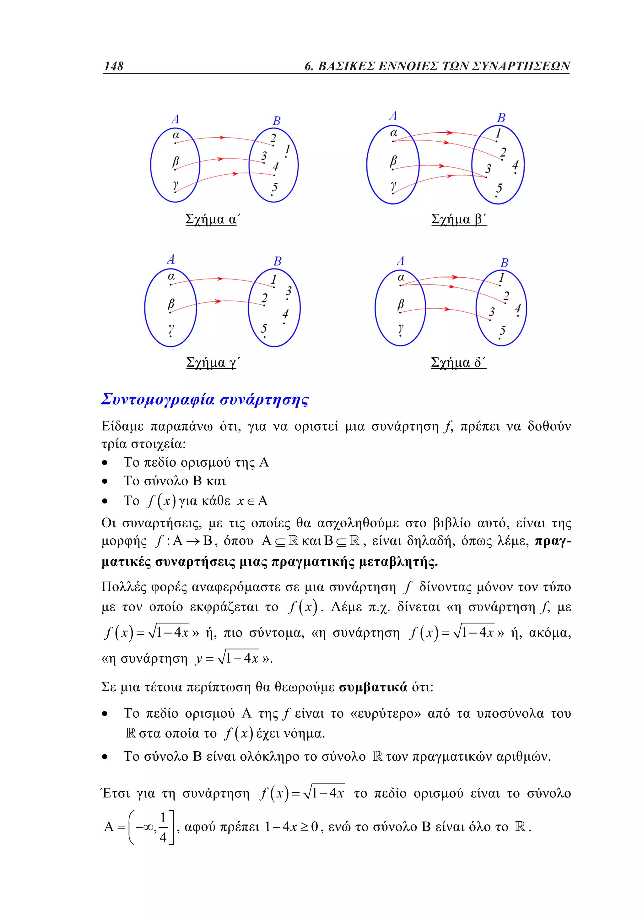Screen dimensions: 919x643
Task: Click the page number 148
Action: coord(114,66)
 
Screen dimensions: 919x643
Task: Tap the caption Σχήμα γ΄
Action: coord(213,363)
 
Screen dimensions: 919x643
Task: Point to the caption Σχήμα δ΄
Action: coord(458,363)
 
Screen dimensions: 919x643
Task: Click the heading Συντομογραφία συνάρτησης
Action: coord(205,400)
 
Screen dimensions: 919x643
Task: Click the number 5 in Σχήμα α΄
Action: coord(274,187)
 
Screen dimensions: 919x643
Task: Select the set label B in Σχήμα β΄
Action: coord(501,118)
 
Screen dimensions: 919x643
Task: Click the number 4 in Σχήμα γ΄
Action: coord(285,314)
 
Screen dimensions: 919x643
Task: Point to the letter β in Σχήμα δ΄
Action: coord(401,305)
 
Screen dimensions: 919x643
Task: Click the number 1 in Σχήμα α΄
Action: coord(287,150)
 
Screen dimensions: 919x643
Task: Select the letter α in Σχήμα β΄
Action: coord(394,133)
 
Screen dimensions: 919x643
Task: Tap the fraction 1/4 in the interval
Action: coord(163,827)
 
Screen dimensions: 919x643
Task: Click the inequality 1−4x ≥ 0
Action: coord(291,827)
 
